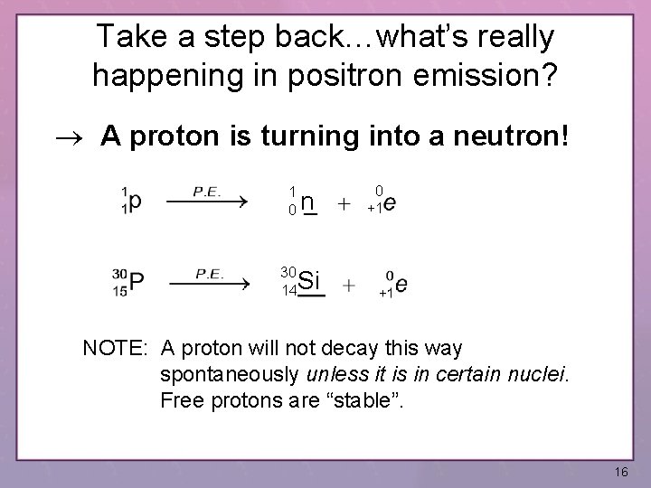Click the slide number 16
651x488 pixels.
621,473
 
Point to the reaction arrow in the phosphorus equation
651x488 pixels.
209,283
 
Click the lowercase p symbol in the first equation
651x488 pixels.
135,203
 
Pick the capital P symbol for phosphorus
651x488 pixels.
137,283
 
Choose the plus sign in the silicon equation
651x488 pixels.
349,286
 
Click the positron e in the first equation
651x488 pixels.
390,204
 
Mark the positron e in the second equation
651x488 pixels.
401,285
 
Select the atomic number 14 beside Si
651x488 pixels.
289,292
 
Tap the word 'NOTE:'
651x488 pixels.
117,349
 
